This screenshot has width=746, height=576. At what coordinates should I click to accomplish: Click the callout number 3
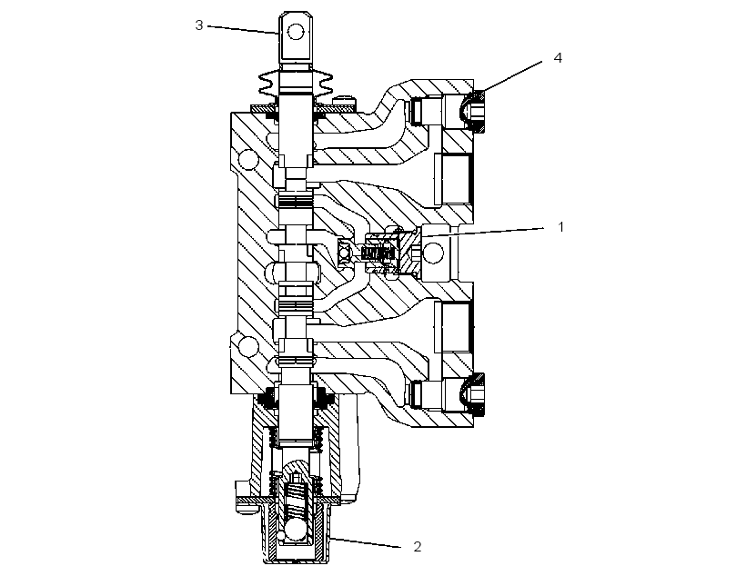(199, 25)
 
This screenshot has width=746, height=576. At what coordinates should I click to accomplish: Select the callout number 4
(558, 57)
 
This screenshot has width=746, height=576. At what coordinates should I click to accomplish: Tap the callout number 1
(561, 227)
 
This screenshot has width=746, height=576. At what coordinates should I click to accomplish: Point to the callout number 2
(418, 547)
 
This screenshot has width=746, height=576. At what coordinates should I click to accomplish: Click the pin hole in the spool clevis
(296, 33)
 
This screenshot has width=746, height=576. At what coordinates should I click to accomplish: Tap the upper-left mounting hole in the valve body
(248, 159)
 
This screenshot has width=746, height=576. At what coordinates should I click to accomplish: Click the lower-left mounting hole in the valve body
(247, 345)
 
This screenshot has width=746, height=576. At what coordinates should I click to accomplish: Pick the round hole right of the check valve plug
(432, 253)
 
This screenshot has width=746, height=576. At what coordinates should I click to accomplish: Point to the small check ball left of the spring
(344, 253)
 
